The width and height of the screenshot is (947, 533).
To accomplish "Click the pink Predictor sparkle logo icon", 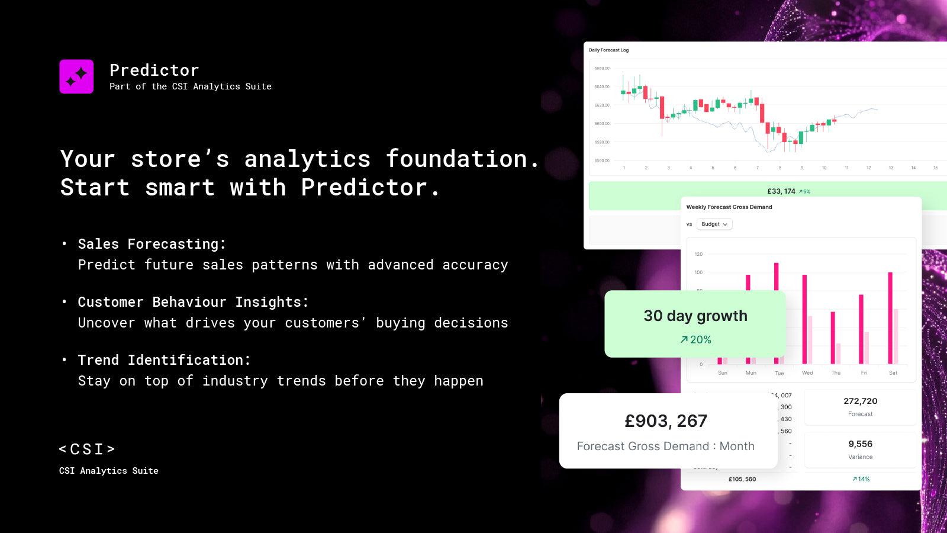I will tap(76, 76).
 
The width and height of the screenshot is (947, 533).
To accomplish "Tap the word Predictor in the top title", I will tap(154, 70).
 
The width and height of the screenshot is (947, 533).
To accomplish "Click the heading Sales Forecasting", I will tap(152, 244).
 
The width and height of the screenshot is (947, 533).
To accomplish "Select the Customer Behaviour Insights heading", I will tap(193, 302).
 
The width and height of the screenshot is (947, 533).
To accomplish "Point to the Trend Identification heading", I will tap(165, 360).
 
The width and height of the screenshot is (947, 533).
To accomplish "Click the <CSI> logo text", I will tap(88, 449).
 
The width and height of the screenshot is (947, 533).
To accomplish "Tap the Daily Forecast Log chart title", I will tap(608, 50).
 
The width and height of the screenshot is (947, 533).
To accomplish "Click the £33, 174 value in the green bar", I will tap(781, 191).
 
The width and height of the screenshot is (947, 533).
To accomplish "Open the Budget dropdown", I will tap(714, 224).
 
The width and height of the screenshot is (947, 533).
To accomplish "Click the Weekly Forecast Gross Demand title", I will tap(729, 207).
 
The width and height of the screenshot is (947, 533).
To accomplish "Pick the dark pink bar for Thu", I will tap(833, 338).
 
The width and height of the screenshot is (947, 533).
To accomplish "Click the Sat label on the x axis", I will tap(893, 373).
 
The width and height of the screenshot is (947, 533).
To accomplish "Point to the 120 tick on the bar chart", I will tap(698, 254).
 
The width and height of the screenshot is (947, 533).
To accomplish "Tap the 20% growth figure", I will tap(695, 340).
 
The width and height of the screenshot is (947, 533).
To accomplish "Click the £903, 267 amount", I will tap(666, 421).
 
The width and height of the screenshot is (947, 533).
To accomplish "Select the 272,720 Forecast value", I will tap(860, 402).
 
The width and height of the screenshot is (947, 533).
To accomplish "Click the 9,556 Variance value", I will tap(860, 444).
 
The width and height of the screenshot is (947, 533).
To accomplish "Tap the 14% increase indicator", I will tap(861, 479).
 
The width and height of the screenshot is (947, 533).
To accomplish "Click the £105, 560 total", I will tap(742, 479).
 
